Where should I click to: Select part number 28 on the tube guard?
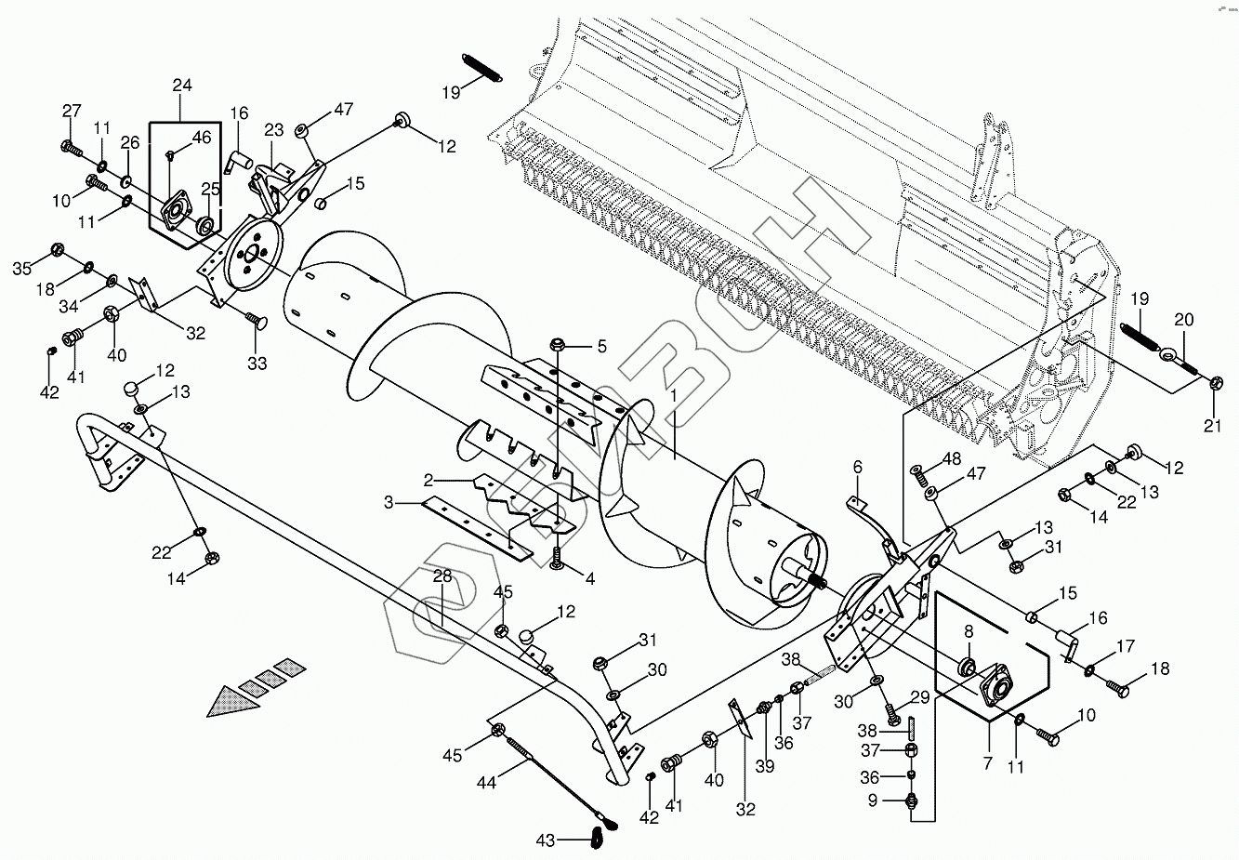442,576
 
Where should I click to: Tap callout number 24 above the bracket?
182,86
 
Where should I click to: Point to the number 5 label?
601,347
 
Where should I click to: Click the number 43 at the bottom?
546,840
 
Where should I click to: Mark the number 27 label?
72,112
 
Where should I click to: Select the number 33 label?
257,364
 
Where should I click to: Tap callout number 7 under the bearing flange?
987,764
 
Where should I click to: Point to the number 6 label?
857,466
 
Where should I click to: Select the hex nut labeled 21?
1216,383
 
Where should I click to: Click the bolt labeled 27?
71,147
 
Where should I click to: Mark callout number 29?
919,697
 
